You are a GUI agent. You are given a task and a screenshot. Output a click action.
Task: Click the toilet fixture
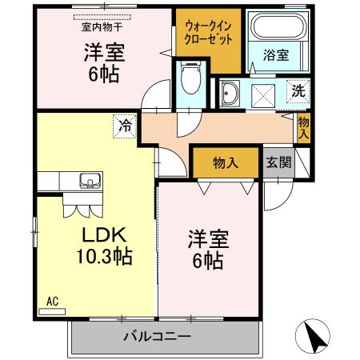190,81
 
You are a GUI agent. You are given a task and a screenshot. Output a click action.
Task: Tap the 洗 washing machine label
298,90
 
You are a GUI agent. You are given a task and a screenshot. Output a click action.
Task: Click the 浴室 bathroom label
275,56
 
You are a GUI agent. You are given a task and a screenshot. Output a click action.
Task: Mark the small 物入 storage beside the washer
304,128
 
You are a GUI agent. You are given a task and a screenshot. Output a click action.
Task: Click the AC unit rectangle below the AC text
51,310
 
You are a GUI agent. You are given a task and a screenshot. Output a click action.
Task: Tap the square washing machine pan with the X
264,95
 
